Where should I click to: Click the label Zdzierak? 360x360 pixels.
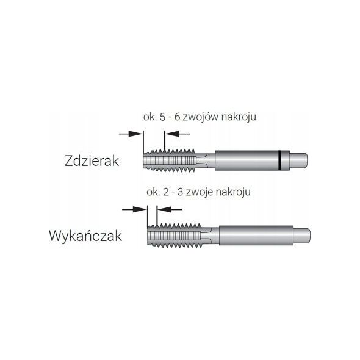pyautogui.click(x=92, y=160)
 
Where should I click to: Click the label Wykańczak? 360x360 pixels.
pyautogui.click(x=85, y=236)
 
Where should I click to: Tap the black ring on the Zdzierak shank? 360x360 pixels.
pyautogui.click(x=279, y=160)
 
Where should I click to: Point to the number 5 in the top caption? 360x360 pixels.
pyautogui.click(x=162, y=117)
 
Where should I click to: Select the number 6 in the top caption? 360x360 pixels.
pyautogui.click(x=178, y=117)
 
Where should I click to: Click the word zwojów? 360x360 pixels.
pyautogui.click(x=201, y=117)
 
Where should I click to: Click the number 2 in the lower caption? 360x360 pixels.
pyautogui.click(x=166, y=192)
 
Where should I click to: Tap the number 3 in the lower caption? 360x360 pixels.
pyautogui.click(x=181, y=192)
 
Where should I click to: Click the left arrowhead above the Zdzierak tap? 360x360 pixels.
pyautogui.click(x=135, y=134)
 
